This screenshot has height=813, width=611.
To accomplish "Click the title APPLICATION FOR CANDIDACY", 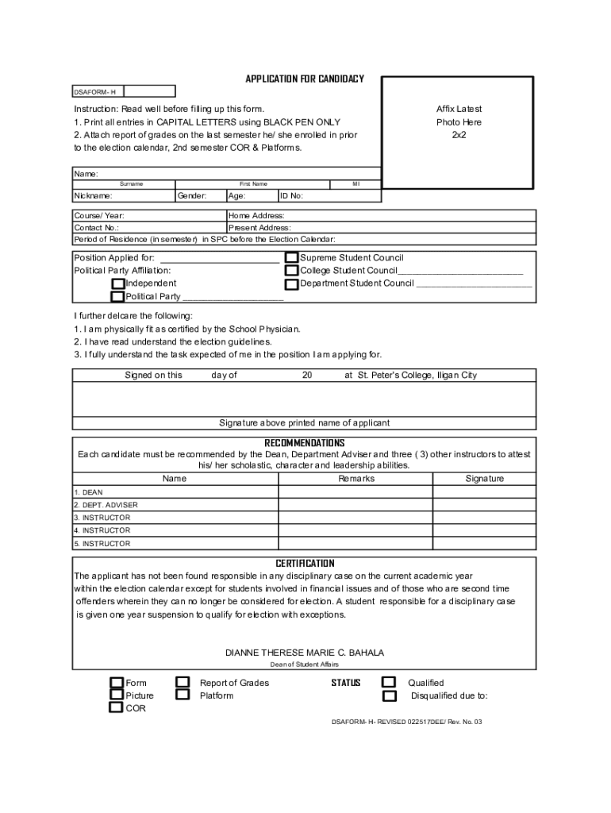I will (x=305, y=79).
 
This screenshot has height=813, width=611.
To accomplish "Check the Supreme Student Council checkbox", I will (x=292, y=258).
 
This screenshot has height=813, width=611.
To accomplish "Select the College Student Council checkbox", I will (x=292, y=271).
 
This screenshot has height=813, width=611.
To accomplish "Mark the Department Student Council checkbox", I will (x=292, y=283).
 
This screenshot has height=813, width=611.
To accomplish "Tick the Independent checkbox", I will (x=118, y=283).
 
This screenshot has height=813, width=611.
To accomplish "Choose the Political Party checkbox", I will (x=118, y=297).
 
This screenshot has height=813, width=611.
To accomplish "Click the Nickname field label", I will (x=94, y=195).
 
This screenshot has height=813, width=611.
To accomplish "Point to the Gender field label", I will (x=192, y=195).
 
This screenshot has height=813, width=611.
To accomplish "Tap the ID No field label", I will (x=292, y=195).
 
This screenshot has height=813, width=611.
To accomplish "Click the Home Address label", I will (x=256, y=216).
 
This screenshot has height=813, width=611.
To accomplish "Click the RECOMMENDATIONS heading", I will (x=305, y=442).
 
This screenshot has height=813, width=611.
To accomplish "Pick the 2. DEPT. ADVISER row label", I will (x=106, y=505).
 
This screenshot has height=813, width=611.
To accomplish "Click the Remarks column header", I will (x=356, y=479).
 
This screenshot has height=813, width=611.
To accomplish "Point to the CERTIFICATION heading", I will (x=305, y=564).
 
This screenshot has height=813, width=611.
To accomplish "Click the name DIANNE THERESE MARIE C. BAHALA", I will (x=305, y=653).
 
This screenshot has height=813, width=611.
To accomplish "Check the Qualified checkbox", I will (x=389, y=683).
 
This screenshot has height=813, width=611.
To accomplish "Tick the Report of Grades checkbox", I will (x=183, y=683).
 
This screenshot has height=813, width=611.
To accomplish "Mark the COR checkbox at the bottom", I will (x=117, y=708).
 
